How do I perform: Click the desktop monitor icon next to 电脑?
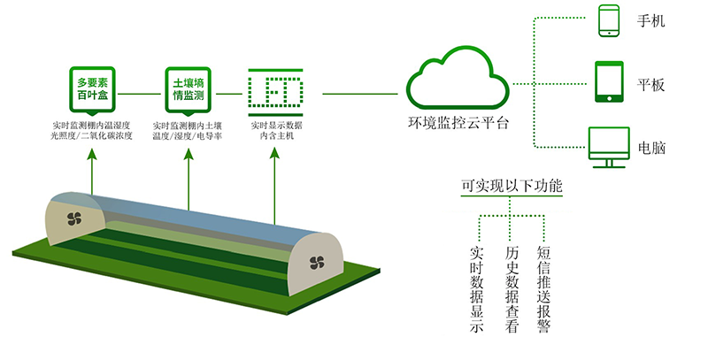pyautogui.click(x=609, y=146)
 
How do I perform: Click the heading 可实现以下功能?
pyautogui.click(x=511, y=188)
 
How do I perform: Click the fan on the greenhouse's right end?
pyautogui.click(x=317, y=262)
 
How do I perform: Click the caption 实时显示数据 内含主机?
pyautogui.click(x=275, y=132)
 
